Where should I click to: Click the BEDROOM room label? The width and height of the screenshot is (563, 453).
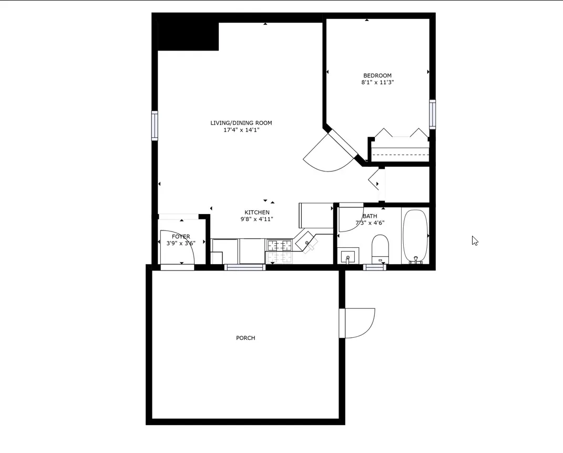377,75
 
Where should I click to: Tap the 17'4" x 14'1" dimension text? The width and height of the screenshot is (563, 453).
241,129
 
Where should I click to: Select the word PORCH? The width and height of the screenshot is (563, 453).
245,338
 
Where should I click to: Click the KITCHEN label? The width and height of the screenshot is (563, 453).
257,213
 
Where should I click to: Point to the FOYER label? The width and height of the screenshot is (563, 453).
181,237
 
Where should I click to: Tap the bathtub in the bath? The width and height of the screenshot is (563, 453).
416,236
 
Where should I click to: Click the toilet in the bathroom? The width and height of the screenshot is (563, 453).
380,248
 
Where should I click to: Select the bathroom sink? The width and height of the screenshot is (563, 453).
347,257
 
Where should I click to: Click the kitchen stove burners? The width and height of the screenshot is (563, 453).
280,245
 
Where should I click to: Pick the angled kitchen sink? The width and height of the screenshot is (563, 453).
306,241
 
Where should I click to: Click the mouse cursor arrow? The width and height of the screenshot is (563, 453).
475,240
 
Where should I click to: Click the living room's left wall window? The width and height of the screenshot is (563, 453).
155,125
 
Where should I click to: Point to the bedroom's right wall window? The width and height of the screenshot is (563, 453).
432,114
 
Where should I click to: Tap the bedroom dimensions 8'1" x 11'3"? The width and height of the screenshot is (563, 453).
377,83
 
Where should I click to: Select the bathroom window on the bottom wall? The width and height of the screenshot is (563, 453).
375,267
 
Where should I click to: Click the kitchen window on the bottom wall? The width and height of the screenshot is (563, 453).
245,267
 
